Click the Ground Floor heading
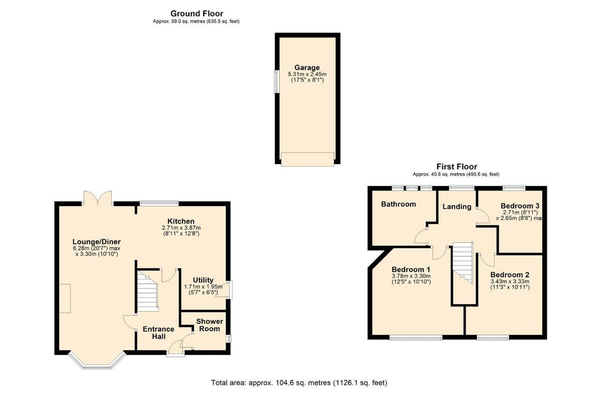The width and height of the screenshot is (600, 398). click(197, 13)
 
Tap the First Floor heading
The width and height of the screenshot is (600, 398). click(456, 167)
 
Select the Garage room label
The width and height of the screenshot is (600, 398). click(307, 68)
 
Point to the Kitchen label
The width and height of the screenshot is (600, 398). click(181, 221)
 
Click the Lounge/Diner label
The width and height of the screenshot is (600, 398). click(97, 242)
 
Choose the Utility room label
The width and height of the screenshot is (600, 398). click(203, 280)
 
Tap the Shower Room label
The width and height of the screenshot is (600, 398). click(209, 325)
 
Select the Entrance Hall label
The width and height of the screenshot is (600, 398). click(159, 333)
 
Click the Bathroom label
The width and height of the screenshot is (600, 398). click(398, 204)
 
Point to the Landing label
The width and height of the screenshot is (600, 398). click(456, 207)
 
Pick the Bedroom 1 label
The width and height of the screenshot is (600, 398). click(411, 269)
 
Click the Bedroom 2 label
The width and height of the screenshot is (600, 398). click(510, 275)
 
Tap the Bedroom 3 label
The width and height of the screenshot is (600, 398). click(520, 206)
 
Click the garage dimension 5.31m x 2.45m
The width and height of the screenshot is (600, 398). click(307, 74)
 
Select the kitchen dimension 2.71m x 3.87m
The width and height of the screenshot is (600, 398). click(181, 228)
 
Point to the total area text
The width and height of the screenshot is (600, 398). click(299, 383)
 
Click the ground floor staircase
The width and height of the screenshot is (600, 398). click(147, 291)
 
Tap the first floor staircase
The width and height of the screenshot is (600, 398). click(463, 263)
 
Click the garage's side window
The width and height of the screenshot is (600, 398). click(276, 82)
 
